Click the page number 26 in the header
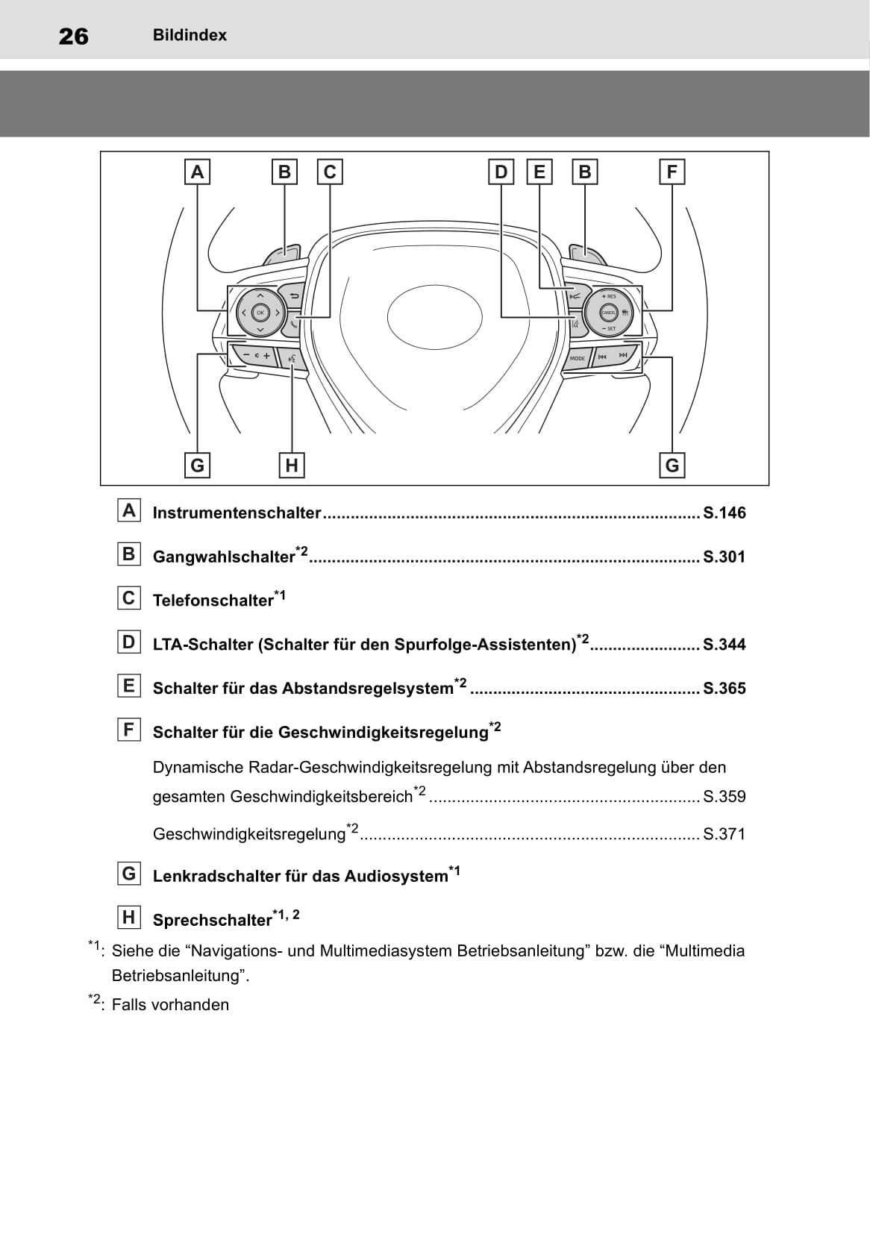[73, 37]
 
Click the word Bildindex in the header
[190, 35]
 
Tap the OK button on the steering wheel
[260, 313]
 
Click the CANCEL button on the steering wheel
[608, 313]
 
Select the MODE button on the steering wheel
[578, 358]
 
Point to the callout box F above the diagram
[672, 172]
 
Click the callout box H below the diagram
[292, 466]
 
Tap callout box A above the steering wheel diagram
[197, 172]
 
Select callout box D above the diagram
[501, 172]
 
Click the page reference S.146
[724, 513]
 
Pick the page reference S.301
[724, 557]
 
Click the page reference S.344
[724, 645]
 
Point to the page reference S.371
[724, 834]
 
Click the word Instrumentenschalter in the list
[237, 513]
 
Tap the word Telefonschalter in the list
[213, 601]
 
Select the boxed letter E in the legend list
[129, 686]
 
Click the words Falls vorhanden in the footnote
[170, 1005]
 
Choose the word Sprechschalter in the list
[212, 920]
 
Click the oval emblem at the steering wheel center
[435, 317]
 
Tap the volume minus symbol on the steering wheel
[246, 355]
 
